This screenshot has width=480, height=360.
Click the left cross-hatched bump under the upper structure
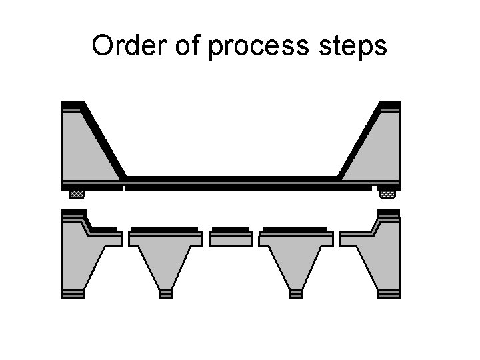point(77,194)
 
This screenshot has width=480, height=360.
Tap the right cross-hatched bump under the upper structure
point(387,194)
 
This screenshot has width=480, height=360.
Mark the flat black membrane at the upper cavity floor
point(231,179)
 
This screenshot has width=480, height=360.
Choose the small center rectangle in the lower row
point(231,239)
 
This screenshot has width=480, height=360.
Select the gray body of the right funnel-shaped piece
point(297,257)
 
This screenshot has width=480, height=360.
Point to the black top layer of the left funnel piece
point(165,229)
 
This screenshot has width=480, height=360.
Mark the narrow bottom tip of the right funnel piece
point(297,293)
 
